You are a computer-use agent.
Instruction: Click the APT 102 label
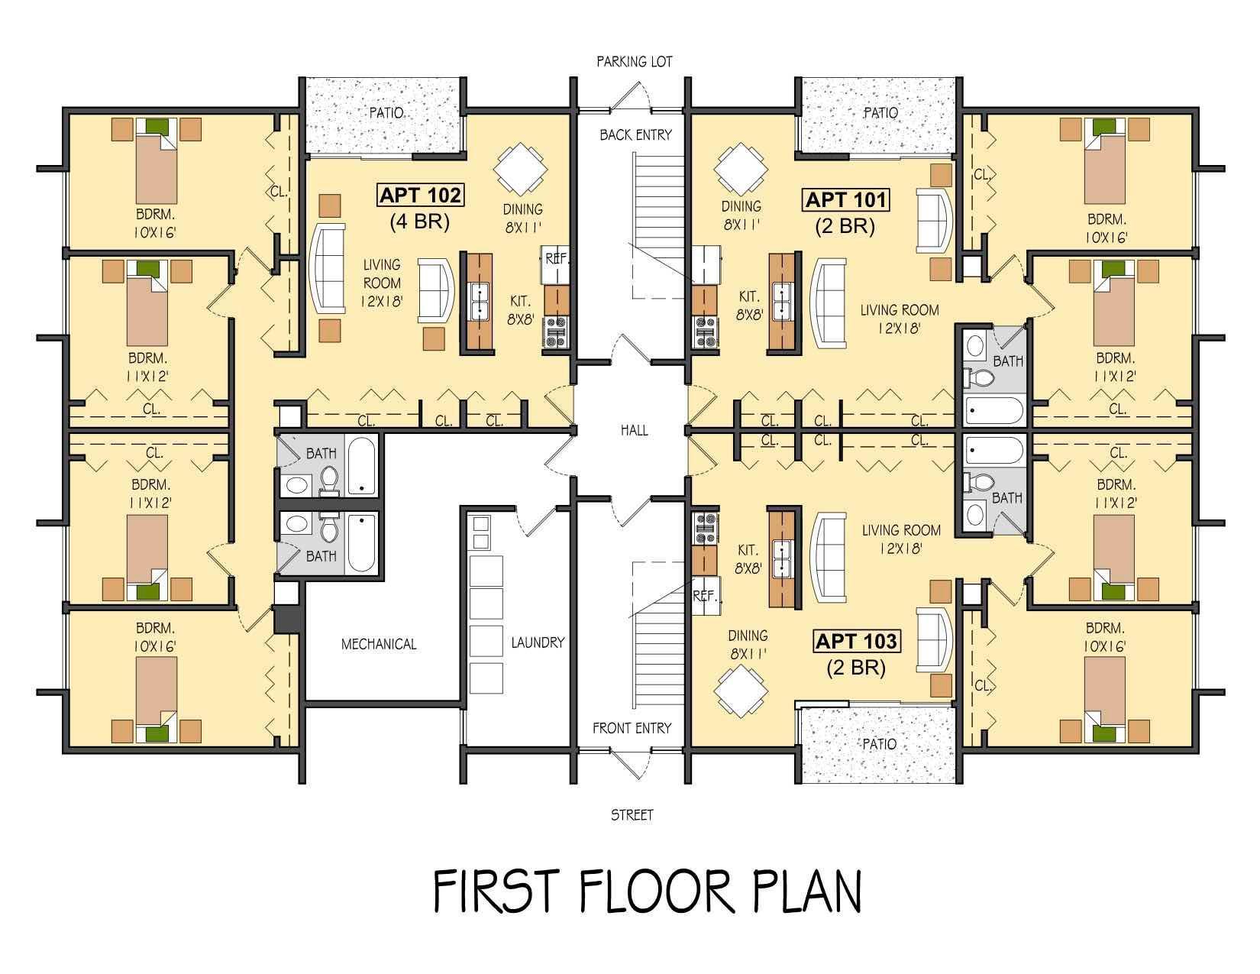click(x=421, y=195)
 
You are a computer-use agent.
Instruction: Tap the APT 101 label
click(x=846, y=200)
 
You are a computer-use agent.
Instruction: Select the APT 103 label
click(x=856, y=642)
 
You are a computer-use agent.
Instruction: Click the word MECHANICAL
click(x=379, y=644)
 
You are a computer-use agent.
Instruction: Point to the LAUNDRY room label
click(x=538, y=642)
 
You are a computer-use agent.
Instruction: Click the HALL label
click(x=634, y=430)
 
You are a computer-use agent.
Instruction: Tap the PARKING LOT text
click(x=635, y=61)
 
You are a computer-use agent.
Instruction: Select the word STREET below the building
click(x=632, y=815)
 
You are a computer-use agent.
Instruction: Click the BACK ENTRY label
click(x=635, y=135)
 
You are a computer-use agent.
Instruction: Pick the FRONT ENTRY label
click(x=632, y=728)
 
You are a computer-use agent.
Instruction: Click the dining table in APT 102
click(x=520, y=169)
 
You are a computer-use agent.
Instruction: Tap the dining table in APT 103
click(x=741, y=691)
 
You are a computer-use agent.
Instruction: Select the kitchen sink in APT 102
click(x=480, y=303)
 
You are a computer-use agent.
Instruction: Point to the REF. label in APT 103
click(x=705, y=596)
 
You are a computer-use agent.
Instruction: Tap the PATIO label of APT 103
click(x=879, y=744)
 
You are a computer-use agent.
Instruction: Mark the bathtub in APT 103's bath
click(x=993, y=451)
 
